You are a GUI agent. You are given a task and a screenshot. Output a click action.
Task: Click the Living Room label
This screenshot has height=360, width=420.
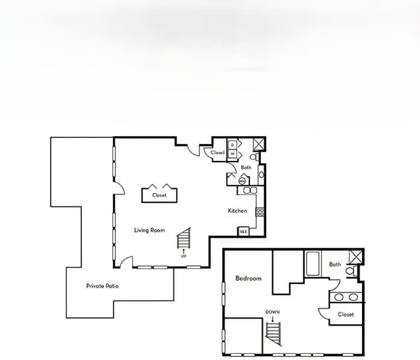click(150, 230)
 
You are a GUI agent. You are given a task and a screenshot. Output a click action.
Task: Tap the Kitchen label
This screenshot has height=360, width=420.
click(237, 210)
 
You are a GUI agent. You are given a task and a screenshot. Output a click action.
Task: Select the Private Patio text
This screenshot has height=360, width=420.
click(102, 285)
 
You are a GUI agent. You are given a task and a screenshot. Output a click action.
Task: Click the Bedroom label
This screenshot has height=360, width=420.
click(248, 278)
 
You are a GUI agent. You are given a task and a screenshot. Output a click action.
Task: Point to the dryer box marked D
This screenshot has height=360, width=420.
click(232, 145)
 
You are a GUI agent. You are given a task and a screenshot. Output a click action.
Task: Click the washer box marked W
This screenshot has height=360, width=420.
click(232, 154)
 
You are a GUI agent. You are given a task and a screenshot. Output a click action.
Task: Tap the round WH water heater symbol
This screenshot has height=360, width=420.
click(242, 180)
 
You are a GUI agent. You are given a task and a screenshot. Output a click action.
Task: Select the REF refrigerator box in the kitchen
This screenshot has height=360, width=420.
click(244, 231)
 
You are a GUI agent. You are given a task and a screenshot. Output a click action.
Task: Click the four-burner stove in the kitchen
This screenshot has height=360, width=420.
click(259, 211)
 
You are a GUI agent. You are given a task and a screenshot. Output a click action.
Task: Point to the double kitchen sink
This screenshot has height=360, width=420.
click(250, 190)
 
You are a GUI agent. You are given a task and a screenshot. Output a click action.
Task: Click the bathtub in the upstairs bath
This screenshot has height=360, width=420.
click(314, 264)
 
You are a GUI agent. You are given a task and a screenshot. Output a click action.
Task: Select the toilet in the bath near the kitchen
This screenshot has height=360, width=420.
click(254, 157)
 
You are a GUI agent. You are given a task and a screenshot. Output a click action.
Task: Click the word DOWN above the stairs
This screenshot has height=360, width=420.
click(272, 312)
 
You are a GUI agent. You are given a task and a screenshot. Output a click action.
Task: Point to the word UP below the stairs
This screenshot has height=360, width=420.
click(184, 256)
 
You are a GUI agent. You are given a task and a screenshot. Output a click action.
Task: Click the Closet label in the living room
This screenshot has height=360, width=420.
click(159, 195)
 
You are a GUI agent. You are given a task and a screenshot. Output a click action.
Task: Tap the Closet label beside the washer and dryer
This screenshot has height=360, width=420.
click(217, 153)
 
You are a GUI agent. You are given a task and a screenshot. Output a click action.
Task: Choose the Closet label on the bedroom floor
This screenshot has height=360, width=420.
click(346, 314)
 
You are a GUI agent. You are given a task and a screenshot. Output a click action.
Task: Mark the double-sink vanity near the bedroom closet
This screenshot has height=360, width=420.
click(346, 297)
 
